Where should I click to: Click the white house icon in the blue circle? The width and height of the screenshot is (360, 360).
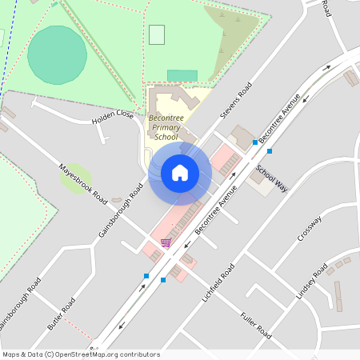(x=180, y=173)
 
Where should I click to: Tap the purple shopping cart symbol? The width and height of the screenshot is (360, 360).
(x=166, y=242)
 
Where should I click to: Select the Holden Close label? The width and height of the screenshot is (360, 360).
(x=113, y=116)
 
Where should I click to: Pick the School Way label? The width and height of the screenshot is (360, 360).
(x=271, y=178)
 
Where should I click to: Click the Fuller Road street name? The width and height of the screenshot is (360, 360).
(x=256, y=324)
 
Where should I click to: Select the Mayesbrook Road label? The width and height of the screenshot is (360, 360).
(x=83, y=183)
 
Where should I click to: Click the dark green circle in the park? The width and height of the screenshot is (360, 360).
(x=57, y=54)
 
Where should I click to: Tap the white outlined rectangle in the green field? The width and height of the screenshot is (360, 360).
(x=157, y=34)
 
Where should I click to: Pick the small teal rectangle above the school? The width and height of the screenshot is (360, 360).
(x=182, y=76)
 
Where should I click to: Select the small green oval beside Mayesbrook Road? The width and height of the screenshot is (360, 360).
(x=74, y=177)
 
